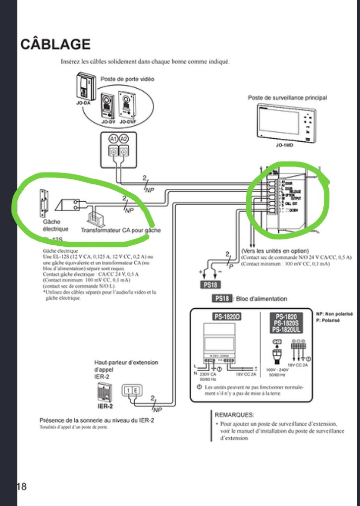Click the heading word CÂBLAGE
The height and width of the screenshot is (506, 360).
pyautogui.click(x=55, y=44)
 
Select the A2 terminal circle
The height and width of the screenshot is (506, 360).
pyautogui.click(x=125, y=140)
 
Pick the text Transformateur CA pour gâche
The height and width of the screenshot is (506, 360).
pyautogui.click(x=121, y=230)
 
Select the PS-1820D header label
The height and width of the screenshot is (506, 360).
pyautogui.click(x=227, y=316)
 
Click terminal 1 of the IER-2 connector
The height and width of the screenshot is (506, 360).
pyautogui.click(x=129, y=391)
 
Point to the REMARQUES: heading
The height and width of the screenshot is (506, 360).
pyautogui.click(x=235, y=414)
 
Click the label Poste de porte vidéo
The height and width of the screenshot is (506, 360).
pyautogui.click(x=127, y=79)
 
